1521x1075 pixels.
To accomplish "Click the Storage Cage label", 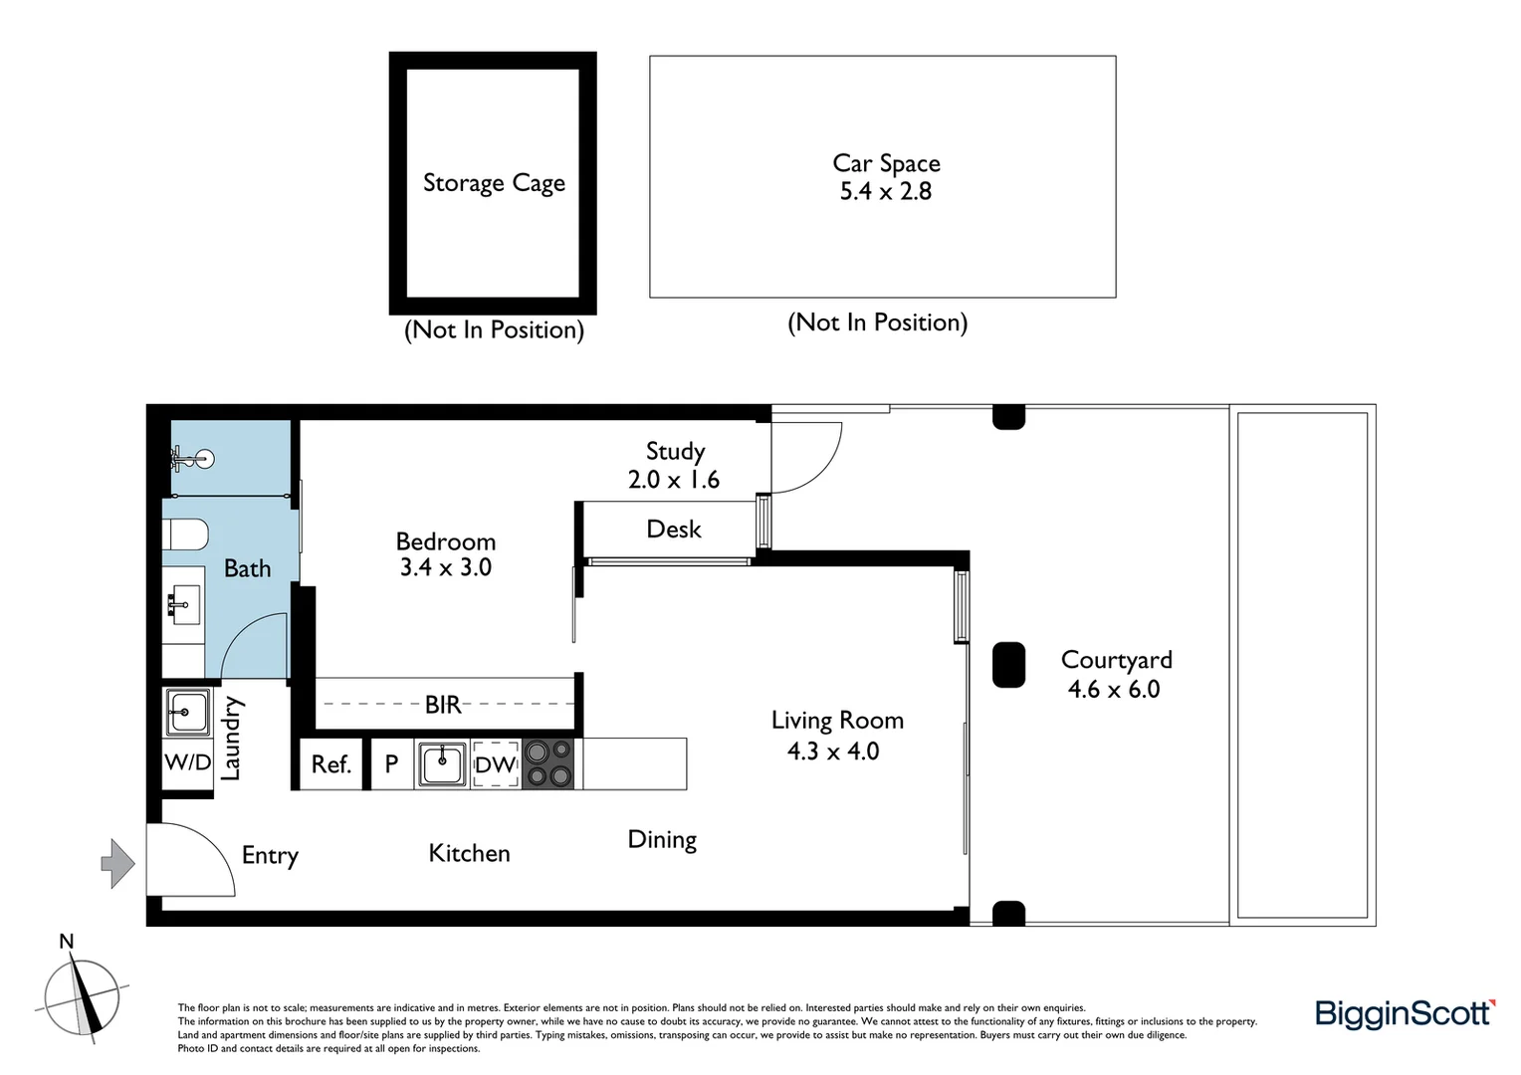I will click(x=494, y=183).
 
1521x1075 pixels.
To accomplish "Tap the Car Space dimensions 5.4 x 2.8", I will click(x=885, y=191).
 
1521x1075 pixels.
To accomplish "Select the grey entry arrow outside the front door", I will click(x=118, y=863).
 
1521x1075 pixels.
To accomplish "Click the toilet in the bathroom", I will click(x=186, y=536).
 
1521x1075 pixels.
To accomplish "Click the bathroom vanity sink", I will click(x=183, y=604).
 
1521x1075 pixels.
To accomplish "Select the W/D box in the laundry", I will click(x=187, y=763).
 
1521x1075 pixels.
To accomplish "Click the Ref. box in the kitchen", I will click(x=330, y=764).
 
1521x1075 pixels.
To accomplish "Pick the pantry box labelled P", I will click(x=391, y=764).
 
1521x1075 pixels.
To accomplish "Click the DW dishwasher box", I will click(x=495, y=764).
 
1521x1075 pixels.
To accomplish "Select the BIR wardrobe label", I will click(x=443, y=705).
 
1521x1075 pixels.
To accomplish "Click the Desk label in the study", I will click(x=674, y=530).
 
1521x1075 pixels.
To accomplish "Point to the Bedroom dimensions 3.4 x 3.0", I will click(x=445, y=567).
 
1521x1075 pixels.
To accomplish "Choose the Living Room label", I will click(x=837, y=721).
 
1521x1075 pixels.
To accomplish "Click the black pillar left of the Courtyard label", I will click(x=1008, y=665).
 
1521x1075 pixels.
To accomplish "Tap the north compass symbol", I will click(x=82, y=998).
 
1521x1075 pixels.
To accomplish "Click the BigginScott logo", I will click(x=1405, y=1013).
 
